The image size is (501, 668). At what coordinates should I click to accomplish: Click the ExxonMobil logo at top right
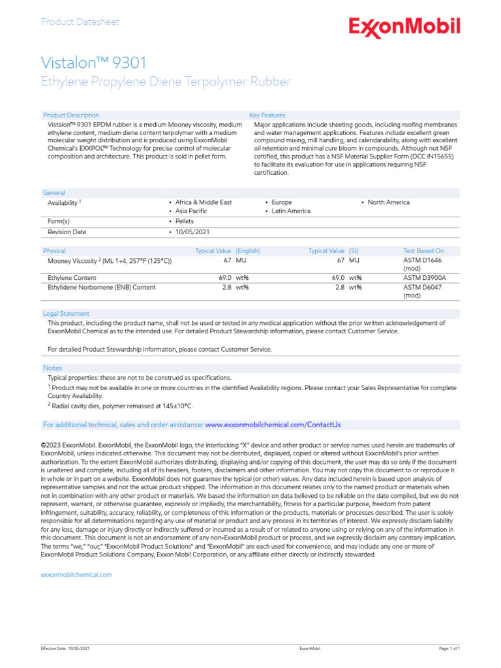(x=404, y=27)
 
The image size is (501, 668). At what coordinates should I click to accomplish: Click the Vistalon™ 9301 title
(x=94, y=63)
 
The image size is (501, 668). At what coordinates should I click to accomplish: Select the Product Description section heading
(x=71, y=115)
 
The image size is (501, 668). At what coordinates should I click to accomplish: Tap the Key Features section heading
(x=267, y=115)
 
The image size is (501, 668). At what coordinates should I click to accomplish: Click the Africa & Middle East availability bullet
(x=202, y=202)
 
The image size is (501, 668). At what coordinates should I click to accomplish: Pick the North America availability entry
(x=388, y=202)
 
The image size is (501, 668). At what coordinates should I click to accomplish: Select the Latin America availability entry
(x=291, y=211)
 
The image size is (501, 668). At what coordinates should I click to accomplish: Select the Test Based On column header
(x=424, y=251)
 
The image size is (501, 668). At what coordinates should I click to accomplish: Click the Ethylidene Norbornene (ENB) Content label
(x=102, y=287)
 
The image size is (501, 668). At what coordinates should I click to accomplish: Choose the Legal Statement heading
(x=66, y=314)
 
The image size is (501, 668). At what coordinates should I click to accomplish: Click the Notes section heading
(x=52, y=368)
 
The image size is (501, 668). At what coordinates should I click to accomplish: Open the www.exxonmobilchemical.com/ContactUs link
(x=273, y=425)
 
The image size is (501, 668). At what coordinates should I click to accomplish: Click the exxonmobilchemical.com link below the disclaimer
(x=76, y=575)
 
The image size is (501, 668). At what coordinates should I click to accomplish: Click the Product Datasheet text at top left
(x=80, y=22)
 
